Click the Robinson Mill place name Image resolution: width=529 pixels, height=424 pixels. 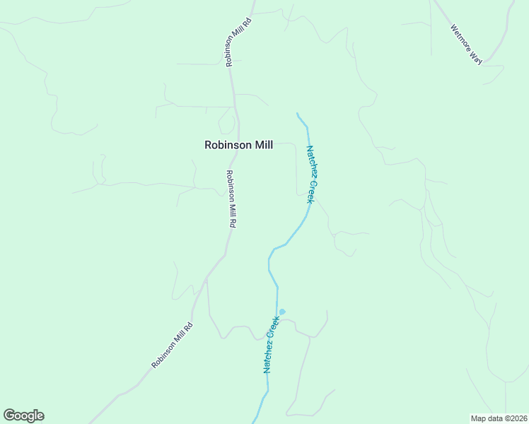pos(238,145)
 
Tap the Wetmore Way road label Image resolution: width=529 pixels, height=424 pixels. pos(466,45)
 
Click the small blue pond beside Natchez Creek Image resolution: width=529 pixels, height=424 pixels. pos(282,312)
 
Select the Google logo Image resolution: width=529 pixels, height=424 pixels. pos(23,416)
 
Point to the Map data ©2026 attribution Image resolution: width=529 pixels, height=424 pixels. pos(499,418)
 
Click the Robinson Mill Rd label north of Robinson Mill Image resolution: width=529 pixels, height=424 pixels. pos(238,41)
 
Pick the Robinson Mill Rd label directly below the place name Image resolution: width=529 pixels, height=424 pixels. pos(231,199)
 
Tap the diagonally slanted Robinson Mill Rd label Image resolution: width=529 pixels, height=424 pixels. pos(172,346)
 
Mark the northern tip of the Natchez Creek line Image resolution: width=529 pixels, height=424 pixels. pos(297,113)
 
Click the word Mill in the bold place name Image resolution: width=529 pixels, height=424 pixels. pos(260,145)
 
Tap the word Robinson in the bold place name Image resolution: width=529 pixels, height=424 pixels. pos(224,145)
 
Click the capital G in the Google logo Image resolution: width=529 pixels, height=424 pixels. pos(9,416)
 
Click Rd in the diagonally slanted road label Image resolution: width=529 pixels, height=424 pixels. pos(188,328)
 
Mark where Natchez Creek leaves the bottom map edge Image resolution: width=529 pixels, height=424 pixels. pos(256,423)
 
